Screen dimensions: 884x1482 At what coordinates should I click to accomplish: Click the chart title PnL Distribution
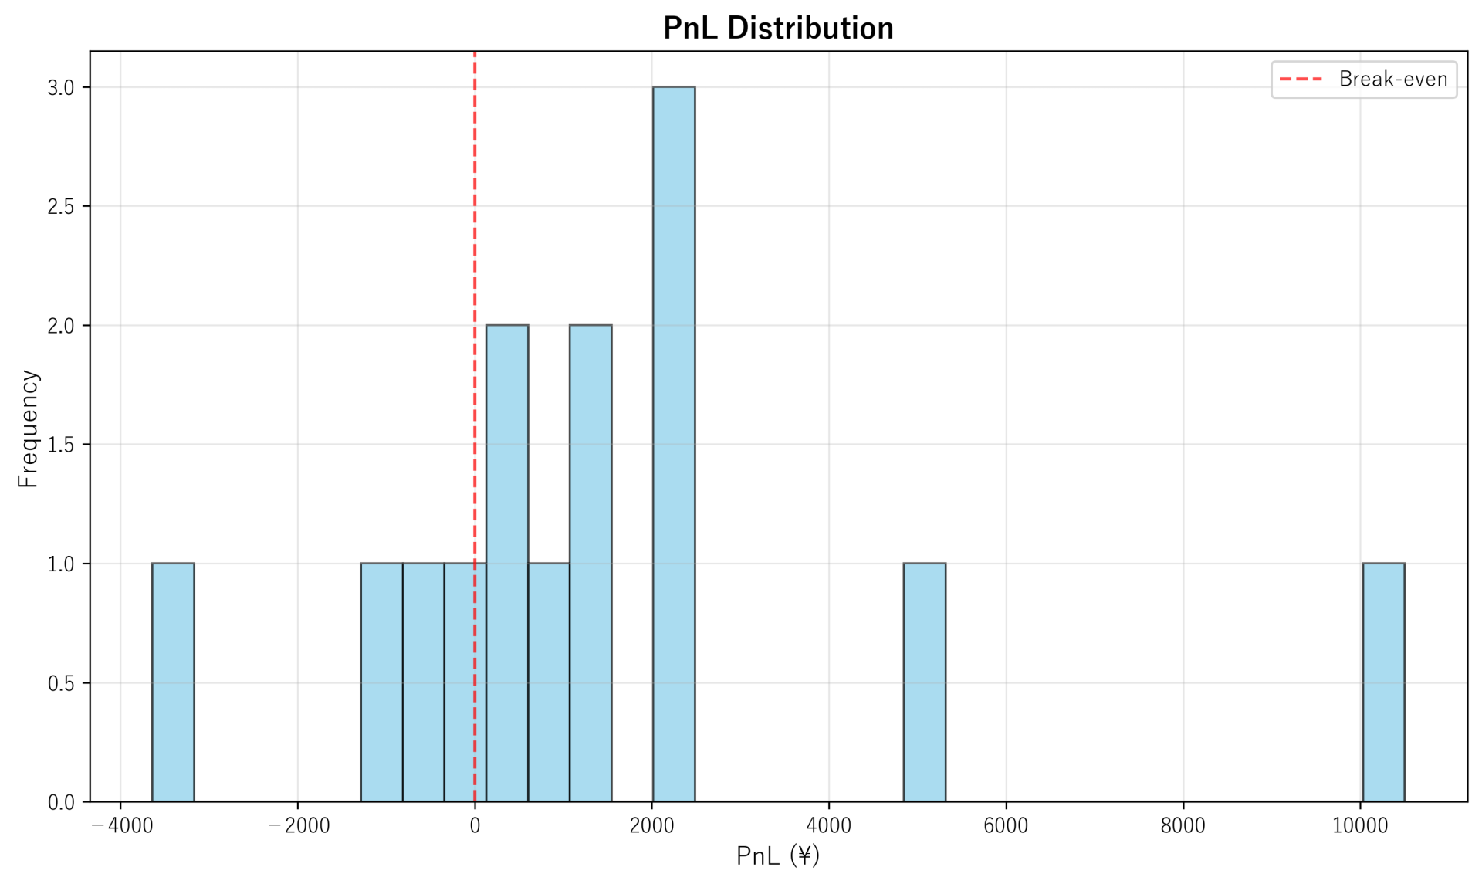tap(778, 29)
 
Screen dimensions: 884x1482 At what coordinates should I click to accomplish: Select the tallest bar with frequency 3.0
tap(673, 444)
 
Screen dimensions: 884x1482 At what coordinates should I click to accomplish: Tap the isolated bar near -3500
tap(173, 682)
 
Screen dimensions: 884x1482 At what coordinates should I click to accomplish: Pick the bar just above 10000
tap(1382, 682)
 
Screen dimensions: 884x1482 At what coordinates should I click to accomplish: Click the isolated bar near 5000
tap(924, 682)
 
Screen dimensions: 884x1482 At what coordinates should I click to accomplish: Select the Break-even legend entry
tap(1364, 80)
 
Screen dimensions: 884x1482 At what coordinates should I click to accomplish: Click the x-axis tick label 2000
tap(651, 826)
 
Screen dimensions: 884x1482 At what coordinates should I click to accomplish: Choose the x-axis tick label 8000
tap(1183, 826)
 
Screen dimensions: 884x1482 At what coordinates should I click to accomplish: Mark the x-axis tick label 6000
tap(1006, 826)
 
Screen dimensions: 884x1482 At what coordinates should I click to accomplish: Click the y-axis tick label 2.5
tap(61, 207)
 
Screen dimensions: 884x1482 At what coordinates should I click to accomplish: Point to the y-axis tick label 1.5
tap(61, 445)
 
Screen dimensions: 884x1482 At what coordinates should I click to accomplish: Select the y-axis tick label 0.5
tap(61, 684)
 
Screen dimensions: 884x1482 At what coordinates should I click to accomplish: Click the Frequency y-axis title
tap(28, 428)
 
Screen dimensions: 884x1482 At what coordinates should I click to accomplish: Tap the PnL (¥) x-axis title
tap(778, 856)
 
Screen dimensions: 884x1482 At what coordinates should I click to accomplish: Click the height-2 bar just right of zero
tap(507, 564)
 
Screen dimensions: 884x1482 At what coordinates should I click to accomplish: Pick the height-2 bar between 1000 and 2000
tap(590, 564)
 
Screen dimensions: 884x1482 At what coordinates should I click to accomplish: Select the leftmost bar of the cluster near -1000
tap(382, 682)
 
